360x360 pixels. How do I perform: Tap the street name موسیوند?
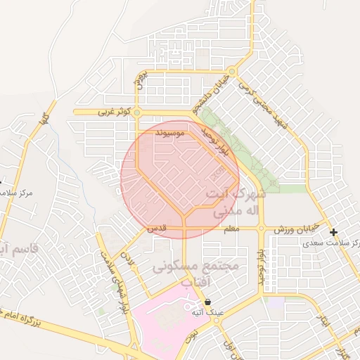172,131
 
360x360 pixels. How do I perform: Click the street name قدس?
156,229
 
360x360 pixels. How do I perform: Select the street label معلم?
231,229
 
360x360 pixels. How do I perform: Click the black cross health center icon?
333,233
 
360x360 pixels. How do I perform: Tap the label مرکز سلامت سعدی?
330,243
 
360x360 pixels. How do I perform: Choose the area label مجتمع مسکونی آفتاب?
195,275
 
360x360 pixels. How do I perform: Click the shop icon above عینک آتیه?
207,302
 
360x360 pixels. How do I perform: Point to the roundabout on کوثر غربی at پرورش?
138,112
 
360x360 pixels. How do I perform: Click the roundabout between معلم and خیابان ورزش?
261,229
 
